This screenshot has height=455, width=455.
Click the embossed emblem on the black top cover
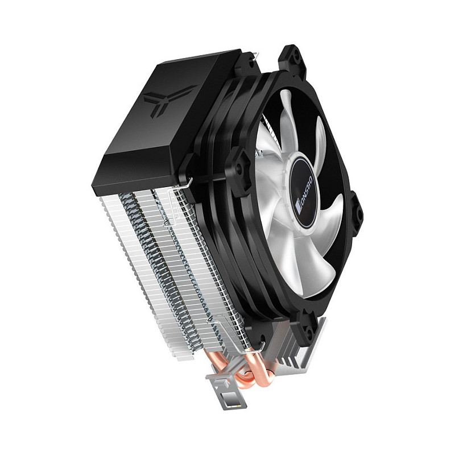(169, 100)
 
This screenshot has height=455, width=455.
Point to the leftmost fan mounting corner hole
(239, 168)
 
